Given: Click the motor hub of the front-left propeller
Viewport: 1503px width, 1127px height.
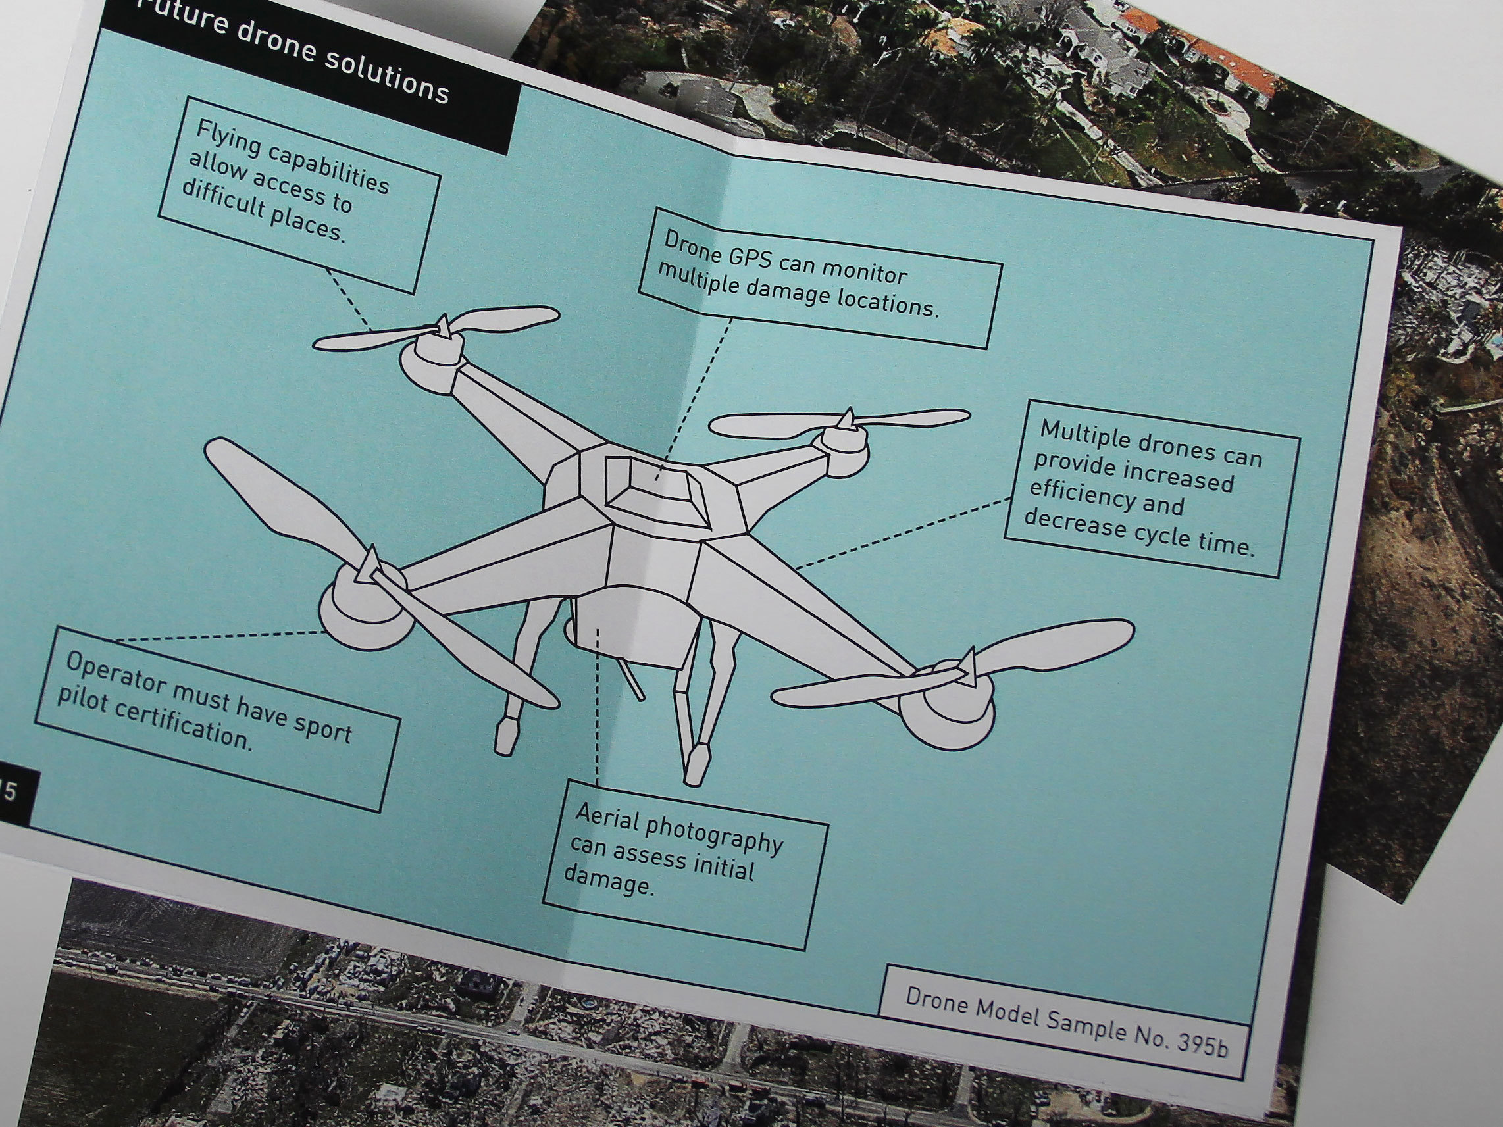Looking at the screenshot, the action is (366, 611).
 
